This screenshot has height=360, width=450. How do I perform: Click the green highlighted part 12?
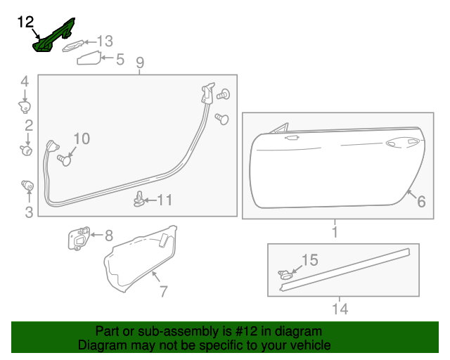pos(53,39)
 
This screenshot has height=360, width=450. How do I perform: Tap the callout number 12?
pos(25,22)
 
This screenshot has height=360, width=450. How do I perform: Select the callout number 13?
pos(104,41)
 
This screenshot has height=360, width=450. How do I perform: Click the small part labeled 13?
pos(74,46)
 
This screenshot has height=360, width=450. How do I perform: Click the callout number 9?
pos(140,63)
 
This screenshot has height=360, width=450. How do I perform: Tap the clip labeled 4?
pos(25,106)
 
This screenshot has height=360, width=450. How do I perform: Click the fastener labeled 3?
pos(27,186)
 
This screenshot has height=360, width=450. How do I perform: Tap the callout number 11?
pos(165,200)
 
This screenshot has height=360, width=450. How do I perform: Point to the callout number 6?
pos(421,202)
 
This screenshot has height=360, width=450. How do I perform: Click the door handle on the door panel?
pos(398,143)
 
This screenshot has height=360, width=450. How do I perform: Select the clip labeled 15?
pos(285,274)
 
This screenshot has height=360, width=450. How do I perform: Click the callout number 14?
pos(340,308)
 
